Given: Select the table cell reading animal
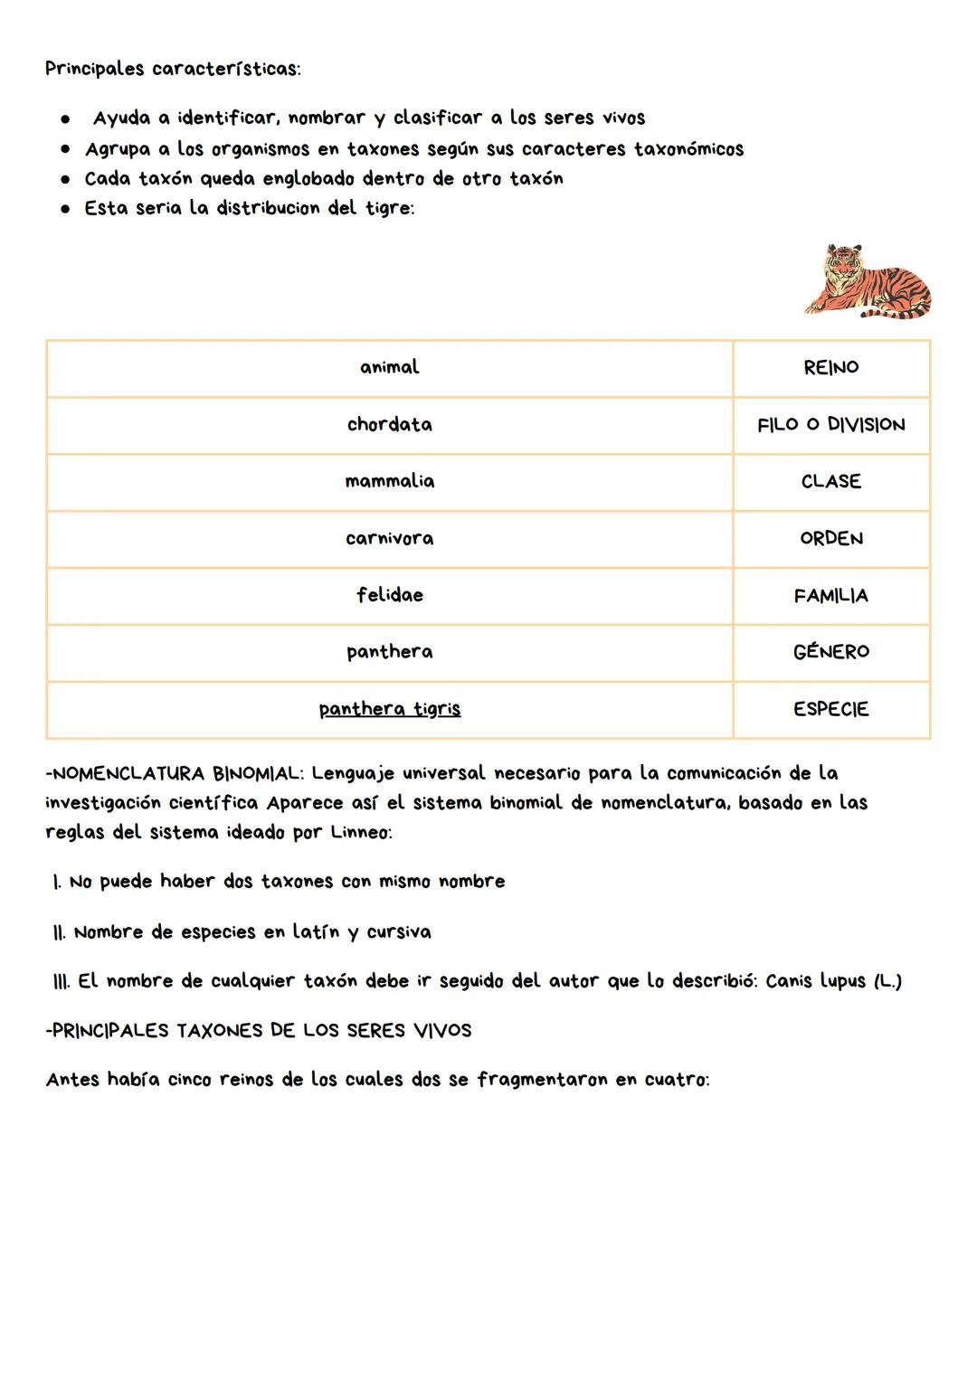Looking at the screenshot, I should tap(389, 367).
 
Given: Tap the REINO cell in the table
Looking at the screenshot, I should tap(830, 368).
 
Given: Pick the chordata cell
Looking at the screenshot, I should tap(389, 424).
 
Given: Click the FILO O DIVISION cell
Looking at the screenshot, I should tap(830, 425).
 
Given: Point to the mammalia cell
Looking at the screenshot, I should tap(389, 481).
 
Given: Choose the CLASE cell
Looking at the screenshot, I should tap(830, 482).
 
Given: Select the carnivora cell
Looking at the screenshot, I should tap(389, 538).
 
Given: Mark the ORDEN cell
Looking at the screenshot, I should tap(830, 539).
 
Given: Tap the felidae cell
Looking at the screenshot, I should tap(389, 595).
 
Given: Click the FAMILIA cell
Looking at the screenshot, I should tap(830, 596).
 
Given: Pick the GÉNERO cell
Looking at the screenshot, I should tap(830, 652).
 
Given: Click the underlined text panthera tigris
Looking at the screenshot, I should tap(389, 709).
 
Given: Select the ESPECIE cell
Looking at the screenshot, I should tap(830, 710).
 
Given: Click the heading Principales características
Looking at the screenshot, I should tap(173, 70).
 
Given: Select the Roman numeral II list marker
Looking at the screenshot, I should tap(60, 932).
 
